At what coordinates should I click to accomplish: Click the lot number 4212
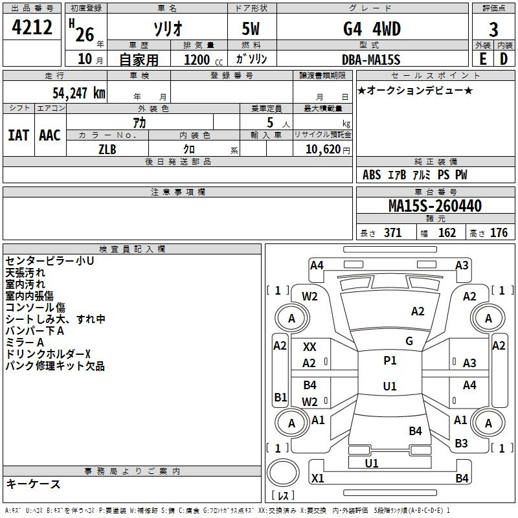pos(32,27)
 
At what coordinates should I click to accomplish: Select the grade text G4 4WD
pos(372,28)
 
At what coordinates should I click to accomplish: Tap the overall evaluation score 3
pos(493,30)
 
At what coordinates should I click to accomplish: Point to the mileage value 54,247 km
pos(79,93)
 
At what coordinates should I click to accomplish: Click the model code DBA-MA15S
pos(371,60)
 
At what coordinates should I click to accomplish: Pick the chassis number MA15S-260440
pos(435,206)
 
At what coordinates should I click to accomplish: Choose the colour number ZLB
pos(107,150)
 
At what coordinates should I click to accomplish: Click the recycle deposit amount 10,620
pos(323,150)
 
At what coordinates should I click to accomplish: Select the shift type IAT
pos(19,135)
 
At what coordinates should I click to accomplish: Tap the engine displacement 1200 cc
pos(203,60)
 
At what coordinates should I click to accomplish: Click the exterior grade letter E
pos(483,59)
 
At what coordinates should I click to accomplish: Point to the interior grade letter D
pos(504,59)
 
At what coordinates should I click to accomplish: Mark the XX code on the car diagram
pos(310,347)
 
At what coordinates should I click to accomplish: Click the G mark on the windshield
pos(409,341)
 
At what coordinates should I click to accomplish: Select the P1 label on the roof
pos(390,361)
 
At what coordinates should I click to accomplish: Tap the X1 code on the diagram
pos(318,478)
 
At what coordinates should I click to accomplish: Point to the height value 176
pos(499,232)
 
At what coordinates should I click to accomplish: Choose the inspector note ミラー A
pos(25,343)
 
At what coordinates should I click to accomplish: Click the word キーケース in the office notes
pos(33,484)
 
